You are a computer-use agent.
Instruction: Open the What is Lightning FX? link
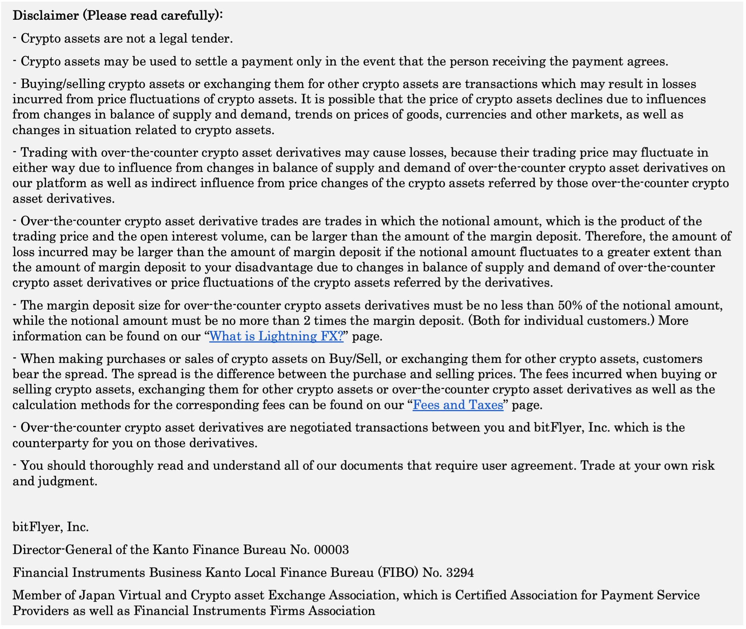tap(276, 336)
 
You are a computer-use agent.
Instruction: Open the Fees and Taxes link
tap(458, 405)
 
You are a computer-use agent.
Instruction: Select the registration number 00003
tap(331, 550)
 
